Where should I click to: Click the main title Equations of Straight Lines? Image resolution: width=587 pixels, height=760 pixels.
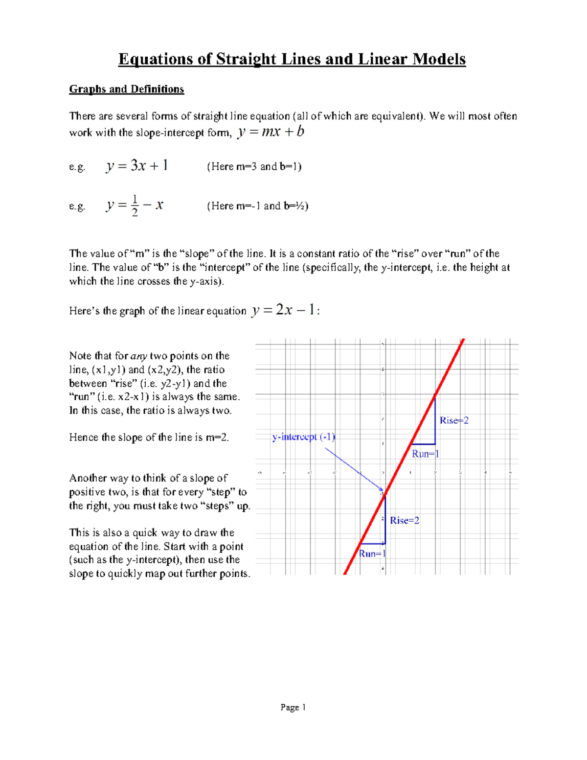point(292,59)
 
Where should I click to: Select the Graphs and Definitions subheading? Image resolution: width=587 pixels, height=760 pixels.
point(126,89)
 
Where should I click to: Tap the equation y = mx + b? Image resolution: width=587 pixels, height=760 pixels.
point(271,132)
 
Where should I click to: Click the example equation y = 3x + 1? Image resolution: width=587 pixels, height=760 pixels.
point(137,166)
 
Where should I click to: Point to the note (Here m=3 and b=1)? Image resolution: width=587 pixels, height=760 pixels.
point(254,167)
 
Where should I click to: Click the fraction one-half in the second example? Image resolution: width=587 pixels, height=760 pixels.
point(135,206)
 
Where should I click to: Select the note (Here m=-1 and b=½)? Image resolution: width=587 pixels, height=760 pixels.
point(257,206)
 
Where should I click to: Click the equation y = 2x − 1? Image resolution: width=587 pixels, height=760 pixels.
point(283,310)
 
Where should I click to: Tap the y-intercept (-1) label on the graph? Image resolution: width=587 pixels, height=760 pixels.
point(303,437)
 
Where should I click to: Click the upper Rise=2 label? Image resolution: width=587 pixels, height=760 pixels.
point(453,420)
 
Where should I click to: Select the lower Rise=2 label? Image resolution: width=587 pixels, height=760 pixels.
point(404,520)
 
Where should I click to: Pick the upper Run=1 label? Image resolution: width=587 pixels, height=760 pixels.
point(425,454)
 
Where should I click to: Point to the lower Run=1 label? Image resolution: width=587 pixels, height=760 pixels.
point(372,553)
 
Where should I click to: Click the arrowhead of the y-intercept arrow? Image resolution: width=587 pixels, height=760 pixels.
point(382,489)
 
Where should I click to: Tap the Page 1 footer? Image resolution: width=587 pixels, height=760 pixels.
point(293,707)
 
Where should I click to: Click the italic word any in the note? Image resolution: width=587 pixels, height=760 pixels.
point(139,356)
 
